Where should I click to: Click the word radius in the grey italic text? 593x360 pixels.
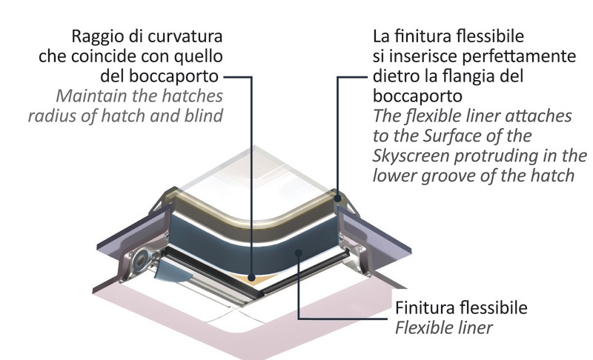tap(52, 117)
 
